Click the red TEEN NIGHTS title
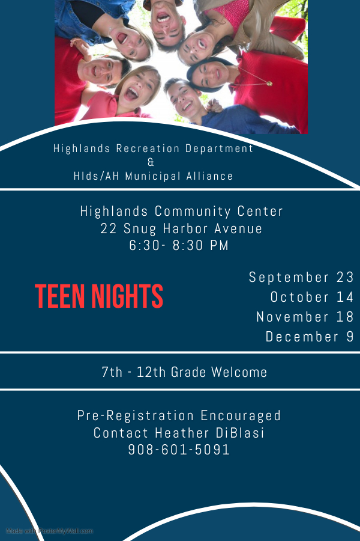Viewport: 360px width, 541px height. (x=99, y=296)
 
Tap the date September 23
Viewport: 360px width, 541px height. (x=301, y=277)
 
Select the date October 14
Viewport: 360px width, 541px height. (x=312, y=297)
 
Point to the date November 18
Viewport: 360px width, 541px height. (x=305, y=317)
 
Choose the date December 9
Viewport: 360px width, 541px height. (x=310, y=337)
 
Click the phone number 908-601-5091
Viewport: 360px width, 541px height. (x=179, y=450)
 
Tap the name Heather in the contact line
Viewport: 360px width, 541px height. (x=182, y=433)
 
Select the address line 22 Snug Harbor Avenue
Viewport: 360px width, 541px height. (x=181, y=228)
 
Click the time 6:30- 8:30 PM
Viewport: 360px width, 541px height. (x=179, y=245)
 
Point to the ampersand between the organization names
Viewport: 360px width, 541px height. (x=151, y=162)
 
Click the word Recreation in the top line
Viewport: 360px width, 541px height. (x=148, y=148)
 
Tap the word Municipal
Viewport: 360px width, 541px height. (x=153, y=176)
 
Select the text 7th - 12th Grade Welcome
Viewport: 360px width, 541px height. (x=184, y=372)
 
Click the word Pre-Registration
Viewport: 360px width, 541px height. (x=136, y=415)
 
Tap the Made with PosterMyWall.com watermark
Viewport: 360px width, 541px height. (x=49, y=531)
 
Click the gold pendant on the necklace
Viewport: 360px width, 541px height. (x=269, y=84)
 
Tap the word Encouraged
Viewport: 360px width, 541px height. (x=241, y=415)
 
